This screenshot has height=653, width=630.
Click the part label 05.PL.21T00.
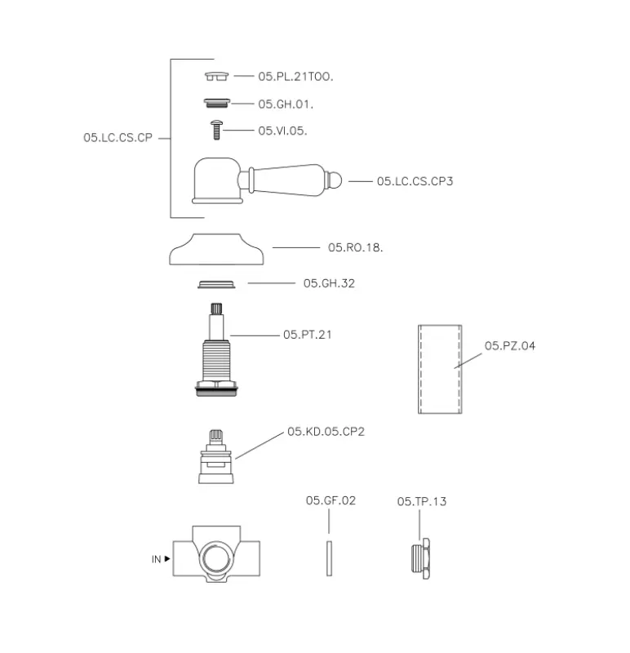(x=295, y=77)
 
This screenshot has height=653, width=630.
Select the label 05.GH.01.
(x=286, y=104)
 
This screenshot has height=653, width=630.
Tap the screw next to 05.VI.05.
(x=216, y=130)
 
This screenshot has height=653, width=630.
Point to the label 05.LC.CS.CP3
(x=415, y=181)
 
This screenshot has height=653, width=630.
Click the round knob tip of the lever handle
(x=335, y=180)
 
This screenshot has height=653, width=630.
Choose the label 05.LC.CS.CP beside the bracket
(x=118, y=137)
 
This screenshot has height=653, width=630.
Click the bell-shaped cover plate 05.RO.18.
(x=216, y=249)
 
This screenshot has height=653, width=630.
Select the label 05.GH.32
(x=329, y=283)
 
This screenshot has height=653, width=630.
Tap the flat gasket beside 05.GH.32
(x=216, y=284)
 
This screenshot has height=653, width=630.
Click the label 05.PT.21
(x=308, y=335)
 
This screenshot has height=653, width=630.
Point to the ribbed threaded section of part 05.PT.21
(x=216, y=361)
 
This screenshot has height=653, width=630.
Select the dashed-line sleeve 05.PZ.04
(x=440, y=370)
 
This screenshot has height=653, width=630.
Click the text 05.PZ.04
(x=510, y=345)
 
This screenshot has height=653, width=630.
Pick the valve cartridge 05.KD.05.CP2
(x=216, y=456)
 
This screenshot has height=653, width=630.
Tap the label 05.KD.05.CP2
(x=326, y=432)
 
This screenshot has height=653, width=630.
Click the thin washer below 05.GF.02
(x=329, y=558)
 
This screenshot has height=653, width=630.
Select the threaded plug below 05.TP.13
(x=420, y=558)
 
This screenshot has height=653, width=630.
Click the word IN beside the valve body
(x=156, y=559)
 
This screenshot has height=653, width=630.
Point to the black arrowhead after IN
(x=167, y=559)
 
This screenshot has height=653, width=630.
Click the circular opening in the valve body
(x=216, y=556)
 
